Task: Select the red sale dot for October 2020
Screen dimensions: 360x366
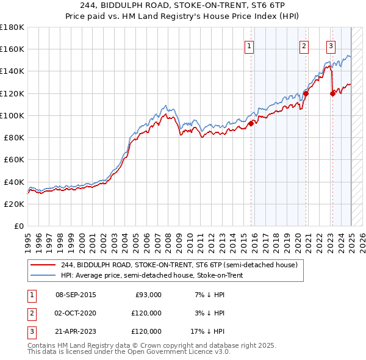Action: [x=306, y=93]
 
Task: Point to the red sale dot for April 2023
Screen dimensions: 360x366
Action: [x=332, y=93]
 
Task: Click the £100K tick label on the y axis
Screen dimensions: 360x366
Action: [x=12, y=115]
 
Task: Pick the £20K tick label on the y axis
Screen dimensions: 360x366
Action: [x=15, y=204]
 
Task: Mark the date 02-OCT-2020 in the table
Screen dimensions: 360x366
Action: [x=76, y=313]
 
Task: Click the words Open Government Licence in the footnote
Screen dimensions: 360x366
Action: [x=172, y=352]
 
